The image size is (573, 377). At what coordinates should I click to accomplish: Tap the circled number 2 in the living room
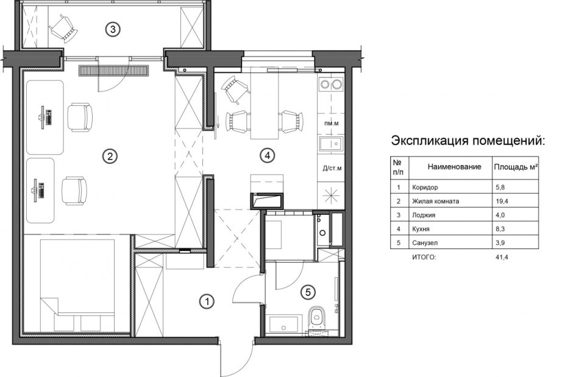tap(110, 157)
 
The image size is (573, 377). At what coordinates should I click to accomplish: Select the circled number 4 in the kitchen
tap(266, 155)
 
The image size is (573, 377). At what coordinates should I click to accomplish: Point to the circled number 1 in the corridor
tap(207, 300)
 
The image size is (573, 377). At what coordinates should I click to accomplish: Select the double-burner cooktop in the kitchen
tap(330, 85)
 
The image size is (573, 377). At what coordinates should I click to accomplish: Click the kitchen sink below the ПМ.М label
tap(330, 145)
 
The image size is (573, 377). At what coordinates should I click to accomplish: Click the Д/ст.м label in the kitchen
tap(331, 169)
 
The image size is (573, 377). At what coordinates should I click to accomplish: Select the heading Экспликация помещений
tap(468, 141)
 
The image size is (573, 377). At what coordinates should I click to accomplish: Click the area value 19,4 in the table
tap(502, 200)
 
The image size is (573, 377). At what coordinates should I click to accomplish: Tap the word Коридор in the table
tap(425, 188)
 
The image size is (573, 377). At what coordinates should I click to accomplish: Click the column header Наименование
tap(454, 166)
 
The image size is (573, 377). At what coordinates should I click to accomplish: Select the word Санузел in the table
tap(424, 242)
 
